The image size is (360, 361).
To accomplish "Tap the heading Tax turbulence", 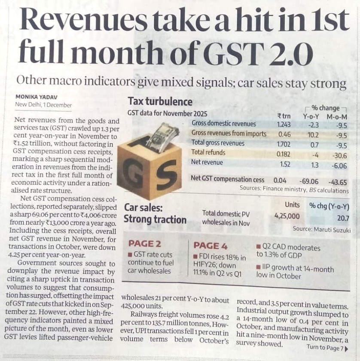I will [x=160, y=102].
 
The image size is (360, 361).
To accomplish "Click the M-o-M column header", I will [x=337, y=116].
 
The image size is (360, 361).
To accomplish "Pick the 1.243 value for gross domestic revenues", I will [x=284, y=124].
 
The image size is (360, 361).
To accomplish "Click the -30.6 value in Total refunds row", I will [x=340, y=153].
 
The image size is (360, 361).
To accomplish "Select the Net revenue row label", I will [x=207, y=162].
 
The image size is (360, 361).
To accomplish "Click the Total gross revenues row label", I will [x=218, y=143].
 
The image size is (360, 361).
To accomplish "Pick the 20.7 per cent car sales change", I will [x=343, y=218].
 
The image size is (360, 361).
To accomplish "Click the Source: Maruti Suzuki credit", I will [x=321, y=230].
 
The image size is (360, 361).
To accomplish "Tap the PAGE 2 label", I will [x=144, y=244].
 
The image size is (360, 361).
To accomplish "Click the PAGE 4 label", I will [x=210, y=245].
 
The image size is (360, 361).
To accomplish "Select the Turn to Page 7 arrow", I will [x=347, y=347].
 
